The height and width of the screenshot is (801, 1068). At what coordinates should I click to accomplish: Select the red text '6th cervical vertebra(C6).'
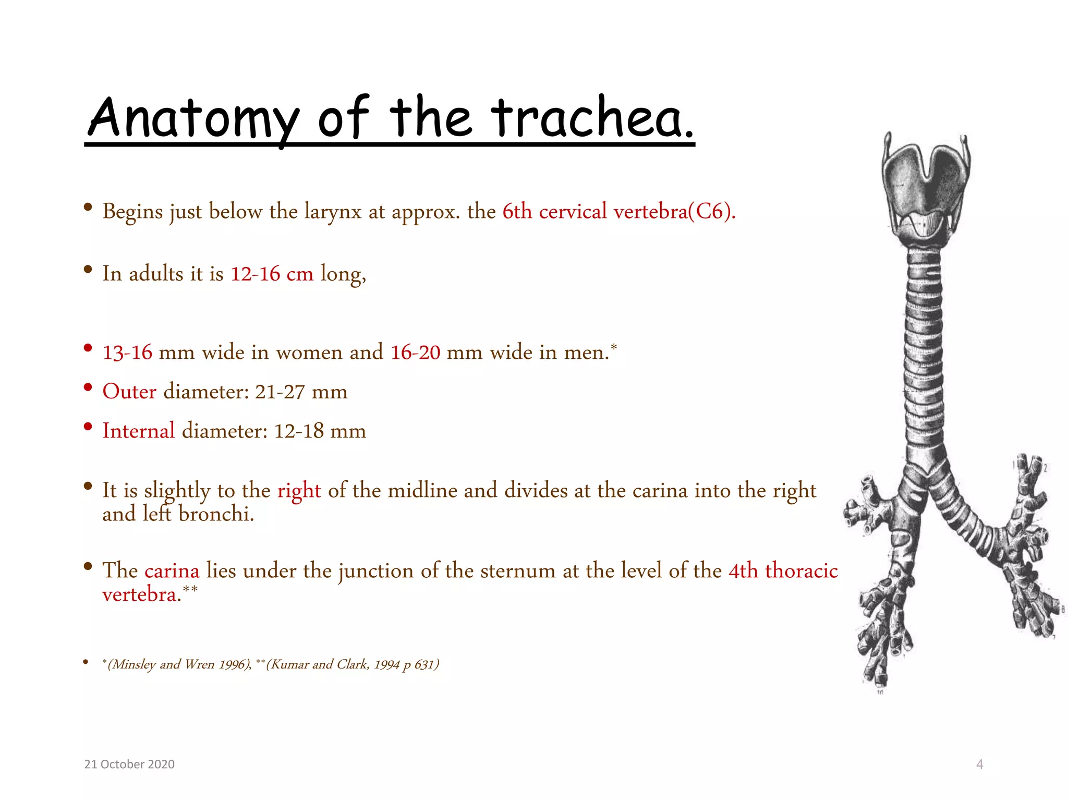pos(618,212)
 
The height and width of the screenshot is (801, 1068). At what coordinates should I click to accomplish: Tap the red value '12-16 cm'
pos(272,274)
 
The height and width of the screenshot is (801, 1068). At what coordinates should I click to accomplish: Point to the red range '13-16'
pos(127,353)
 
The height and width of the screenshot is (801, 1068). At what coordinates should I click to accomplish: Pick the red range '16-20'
pos(415,353)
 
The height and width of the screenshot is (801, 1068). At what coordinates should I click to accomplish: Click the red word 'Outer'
pos(129,392)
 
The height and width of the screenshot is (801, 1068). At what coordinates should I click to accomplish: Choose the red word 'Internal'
pos(139,431)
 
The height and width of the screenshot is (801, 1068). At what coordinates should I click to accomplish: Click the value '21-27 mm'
pos(301,392)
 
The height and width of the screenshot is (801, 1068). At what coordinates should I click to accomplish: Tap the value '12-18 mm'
pos(320,431)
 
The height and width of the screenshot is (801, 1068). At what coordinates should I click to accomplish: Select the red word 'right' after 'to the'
pos(299,491)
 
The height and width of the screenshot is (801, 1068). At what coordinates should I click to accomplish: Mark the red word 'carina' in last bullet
pos(172,571)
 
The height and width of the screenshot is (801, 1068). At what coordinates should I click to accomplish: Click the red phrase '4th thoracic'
pos(783,571)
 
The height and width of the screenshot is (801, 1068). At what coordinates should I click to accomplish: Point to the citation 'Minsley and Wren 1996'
pos(179,664)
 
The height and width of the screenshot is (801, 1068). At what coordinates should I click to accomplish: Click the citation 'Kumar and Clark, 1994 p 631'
pos(353,664)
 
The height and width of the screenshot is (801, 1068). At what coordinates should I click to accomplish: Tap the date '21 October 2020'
pos(129,764)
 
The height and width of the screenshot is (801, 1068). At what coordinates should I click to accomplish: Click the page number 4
pos(979,764)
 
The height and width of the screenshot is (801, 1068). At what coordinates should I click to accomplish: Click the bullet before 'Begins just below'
pos(88,208)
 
